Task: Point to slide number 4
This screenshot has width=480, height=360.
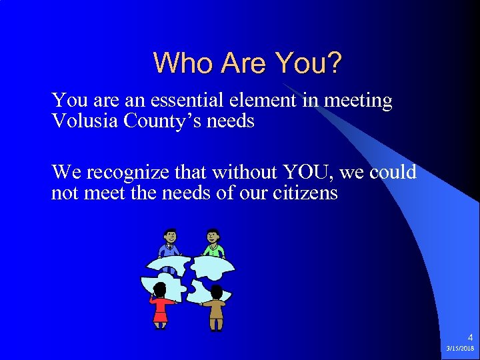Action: [469, 338]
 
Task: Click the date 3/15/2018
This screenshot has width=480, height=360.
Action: [461, 349]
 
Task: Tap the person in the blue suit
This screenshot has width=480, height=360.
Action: [170, 244]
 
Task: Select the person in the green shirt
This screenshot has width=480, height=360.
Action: [213, 244]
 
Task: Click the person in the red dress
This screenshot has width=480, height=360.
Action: [160, 305]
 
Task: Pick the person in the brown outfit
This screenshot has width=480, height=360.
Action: [215, 307]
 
